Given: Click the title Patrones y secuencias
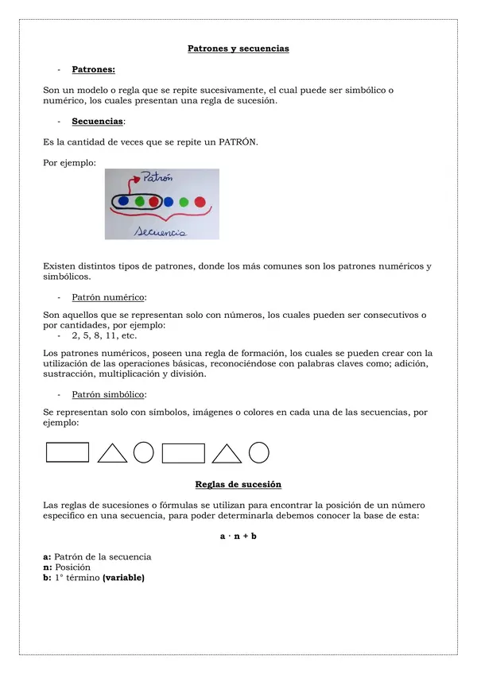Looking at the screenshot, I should [238, 48].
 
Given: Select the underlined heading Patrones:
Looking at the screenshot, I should [93, 70].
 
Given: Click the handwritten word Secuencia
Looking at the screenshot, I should [161, 231].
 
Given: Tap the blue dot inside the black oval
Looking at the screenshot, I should [123, 201].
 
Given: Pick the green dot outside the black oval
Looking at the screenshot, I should [184, 201].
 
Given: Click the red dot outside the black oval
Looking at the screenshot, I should [200, 201].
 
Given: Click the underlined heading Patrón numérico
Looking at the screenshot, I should [108, 297].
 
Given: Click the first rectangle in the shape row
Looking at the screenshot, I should [68, 452].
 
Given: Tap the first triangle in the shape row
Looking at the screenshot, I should [112, 453].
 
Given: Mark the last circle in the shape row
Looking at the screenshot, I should [259, 452].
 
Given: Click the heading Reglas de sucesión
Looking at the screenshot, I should [238, 484].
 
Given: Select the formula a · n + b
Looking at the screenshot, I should [238, 536].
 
